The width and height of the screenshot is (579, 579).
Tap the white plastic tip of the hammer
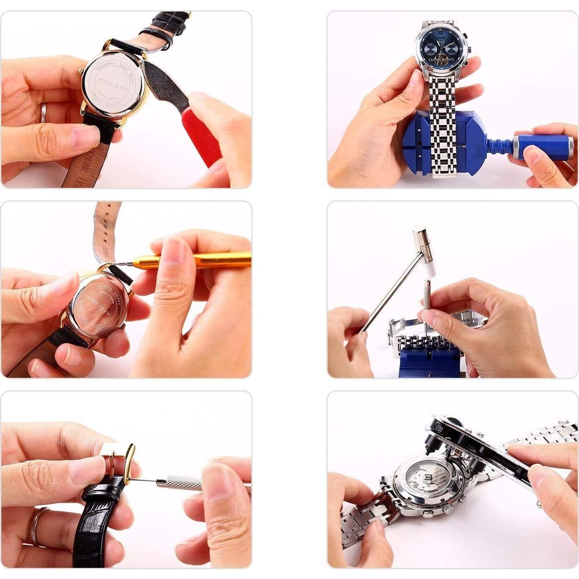[x=430, y=268]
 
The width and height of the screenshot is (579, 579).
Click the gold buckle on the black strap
[x=124, y=462]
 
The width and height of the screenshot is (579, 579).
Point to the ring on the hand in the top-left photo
[x=43, y=112]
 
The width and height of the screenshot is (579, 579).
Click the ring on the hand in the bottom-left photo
[x=36, y=526]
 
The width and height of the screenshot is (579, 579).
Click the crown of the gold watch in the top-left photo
[x=81, y=72]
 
